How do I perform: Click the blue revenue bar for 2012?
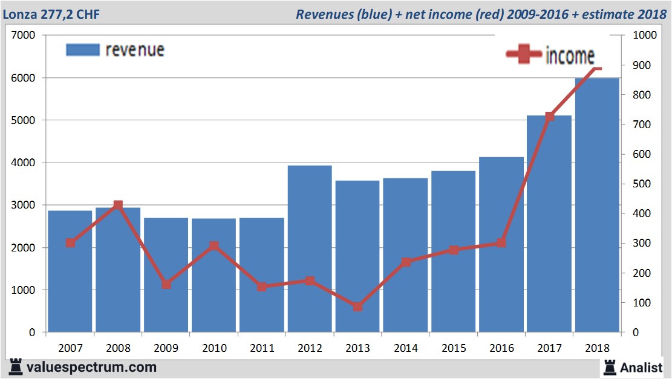tap(310, 248)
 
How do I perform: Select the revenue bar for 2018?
tap(597, 206)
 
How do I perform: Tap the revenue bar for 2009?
tap(166, 275)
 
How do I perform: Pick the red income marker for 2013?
tap(357, 306)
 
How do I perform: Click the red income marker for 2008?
tap(118, 206)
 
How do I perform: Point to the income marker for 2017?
tap(549, 116)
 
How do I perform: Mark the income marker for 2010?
tap(214, 246)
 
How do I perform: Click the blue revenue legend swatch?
tap(82, 50)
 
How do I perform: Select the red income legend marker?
tap(523, 54)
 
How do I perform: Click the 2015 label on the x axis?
tap(454, 348)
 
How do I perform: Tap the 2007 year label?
tap(70, 348)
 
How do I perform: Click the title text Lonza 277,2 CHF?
tap(51, 13)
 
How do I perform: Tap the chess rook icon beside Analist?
tap(610, 366)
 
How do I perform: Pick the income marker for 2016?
tap(501, 243)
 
